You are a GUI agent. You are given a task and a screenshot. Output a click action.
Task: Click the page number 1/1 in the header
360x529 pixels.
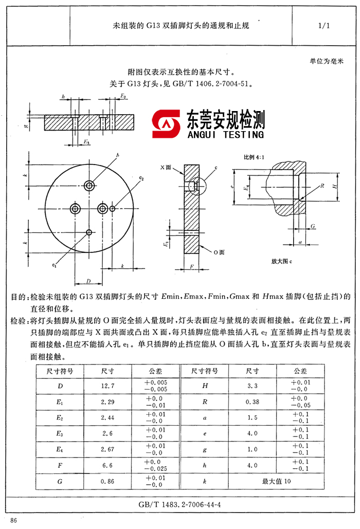pos(323,25)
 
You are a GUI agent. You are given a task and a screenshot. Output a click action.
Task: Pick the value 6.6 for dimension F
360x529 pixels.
pos(109,466)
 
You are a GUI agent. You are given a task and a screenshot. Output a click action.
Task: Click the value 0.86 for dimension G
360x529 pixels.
pos(109,482)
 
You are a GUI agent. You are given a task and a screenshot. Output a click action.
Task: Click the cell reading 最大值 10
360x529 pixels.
pos(276,482)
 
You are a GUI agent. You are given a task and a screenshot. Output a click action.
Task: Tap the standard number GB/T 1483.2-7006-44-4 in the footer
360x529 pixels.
pos(180,504)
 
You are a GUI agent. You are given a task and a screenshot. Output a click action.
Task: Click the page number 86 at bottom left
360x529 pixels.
pos(13,521)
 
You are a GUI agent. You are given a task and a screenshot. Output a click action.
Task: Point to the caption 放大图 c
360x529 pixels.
pos(281,261)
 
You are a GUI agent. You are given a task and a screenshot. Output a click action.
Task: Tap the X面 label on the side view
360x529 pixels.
pos(165,168)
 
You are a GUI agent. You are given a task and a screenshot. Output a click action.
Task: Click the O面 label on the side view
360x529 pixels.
pos(218,252)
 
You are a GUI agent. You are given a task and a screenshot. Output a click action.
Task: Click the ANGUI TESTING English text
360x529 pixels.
pos(226,135)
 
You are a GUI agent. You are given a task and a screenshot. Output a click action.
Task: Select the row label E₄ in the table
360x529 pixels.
pos(60,449)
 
